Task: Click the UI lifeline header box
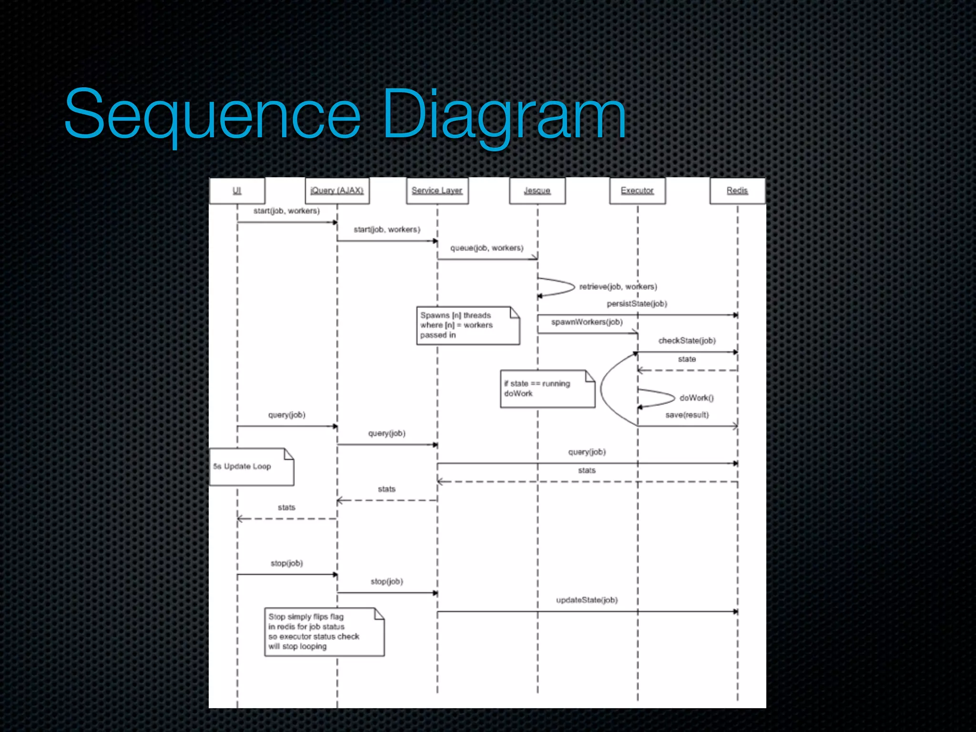pos(237,191)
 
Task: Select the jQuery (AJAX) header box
pos(337,191)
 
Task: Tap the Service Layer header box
pos(437,191)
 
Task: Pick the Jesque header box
pos(537,191)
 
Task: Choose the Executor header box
pos(637,191)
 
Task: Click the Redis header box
pos(737,191)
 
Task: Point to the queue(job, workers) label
pos(487,248)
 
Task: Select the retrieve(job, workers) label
pos(618,286)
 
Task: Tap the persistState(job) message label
pos(637,304)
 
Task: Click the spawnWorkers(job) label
pos(587,322)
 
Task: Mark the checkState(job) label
pos(687,340)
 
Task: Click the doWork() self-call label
pos(696,397)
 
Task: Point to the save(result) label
pos(687,415)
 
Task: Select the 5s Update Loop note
pos(251,467)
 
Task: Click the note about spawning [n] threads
pos(468,325)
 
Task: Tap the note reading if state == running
pos(547,389)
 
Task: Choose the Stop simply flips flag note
pos(324,632)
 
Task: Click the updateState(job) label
pos(587,600)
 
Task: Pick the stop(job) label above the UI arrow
pos(286,563)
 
